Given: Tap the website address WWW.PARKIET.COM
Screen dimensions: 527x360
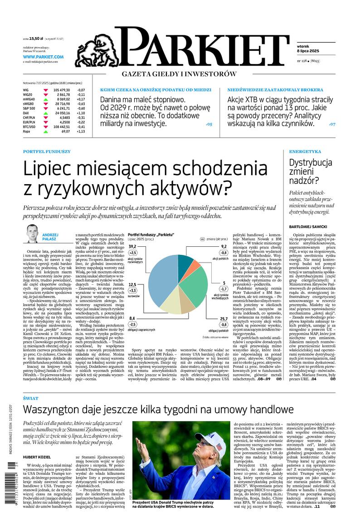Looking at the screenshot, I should (43, 57).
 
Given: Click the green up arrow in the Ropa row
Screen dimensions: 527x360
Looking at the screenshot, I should (45, 132).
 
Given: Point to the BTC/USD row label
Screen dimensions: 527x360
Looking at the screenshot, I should (30, 127).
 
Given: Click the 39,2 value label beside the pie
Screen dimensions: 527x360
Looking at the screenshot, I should (132, 246).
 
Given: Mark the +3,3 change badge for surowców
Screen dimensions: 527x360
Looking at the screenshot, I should (132, 290).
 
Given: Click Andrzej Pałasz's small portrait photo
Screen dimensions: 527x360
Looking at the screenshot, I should (32, 234).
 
